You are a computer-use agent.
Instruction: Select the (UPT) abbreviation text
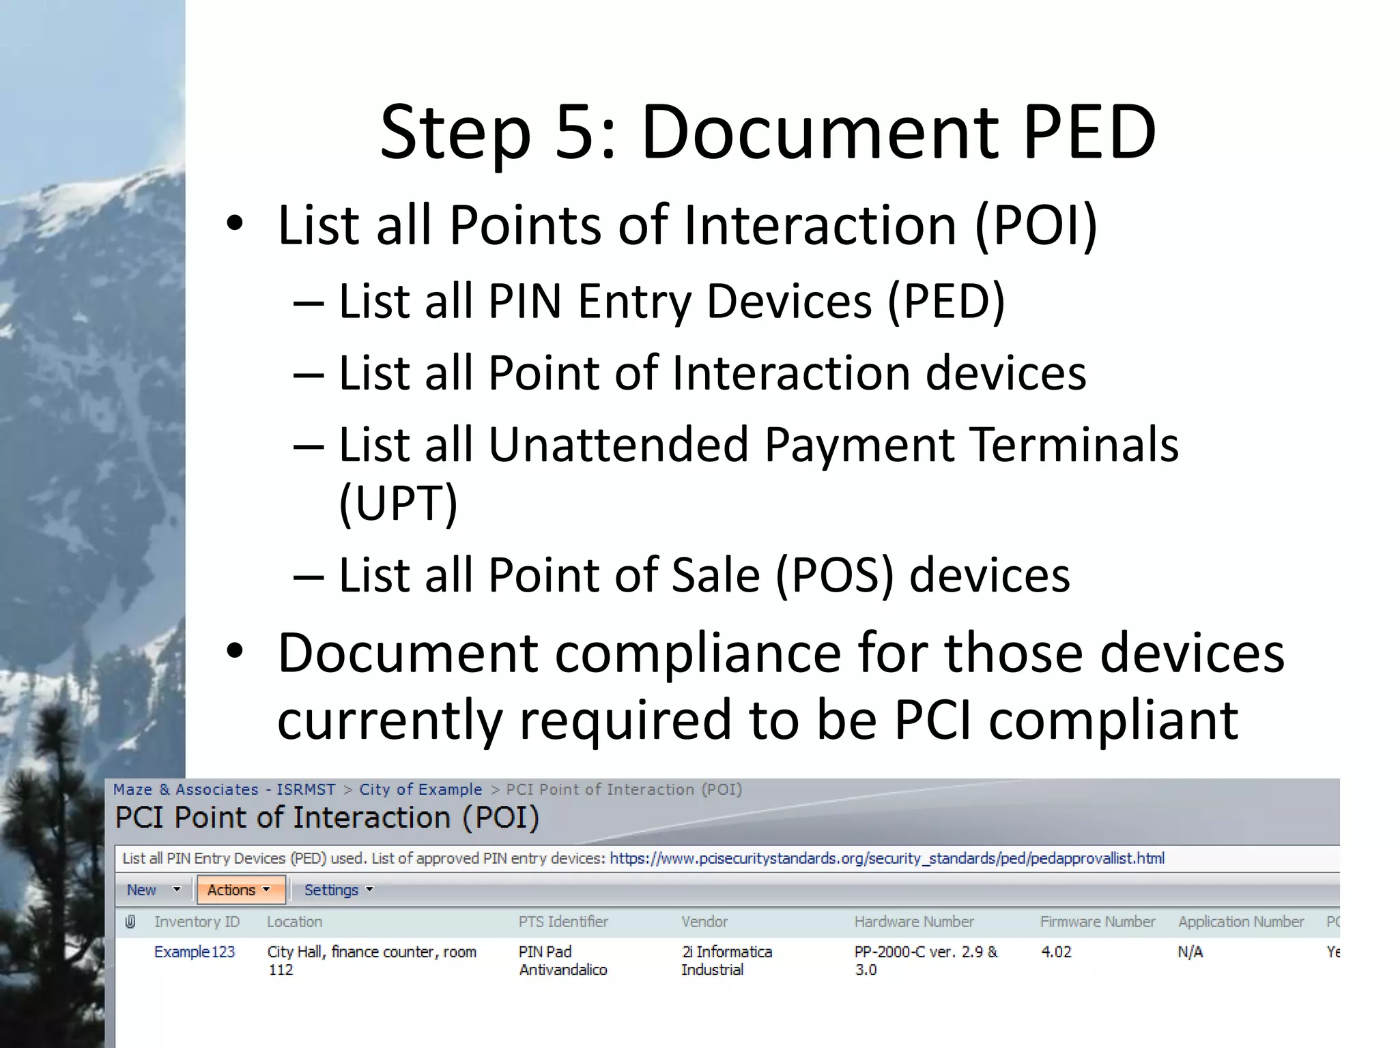[398, 503]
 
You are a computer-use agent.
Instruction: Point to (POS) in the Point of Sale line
[833, 575]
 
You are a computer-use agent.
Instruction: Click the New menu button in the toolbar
[142, 890]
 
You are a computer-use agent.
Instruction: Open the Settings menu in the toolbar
[338, 890]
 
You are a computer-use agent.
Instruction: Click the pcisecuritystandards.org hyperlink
[887, 858]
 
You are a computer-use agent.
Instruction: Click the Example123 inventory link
[195, 952]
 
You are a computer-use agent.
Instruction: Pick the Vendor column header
[704, 922]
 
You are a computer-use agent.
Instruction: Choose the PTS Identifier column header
[563, 922]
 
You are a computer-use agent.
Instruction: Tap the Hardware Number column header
[914, 922]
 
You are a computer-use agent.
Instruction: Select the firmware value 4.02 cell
[1056, 952]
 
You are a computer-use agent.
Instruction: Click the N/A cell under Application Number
[1190, 952]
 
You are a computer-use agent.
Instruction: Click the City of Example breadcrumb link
[420, 789]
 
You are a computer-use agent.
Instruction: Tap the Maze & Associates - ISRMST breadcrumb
[224, 789]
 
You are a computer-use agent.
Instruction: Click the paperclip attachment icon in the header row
[130, 922]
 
